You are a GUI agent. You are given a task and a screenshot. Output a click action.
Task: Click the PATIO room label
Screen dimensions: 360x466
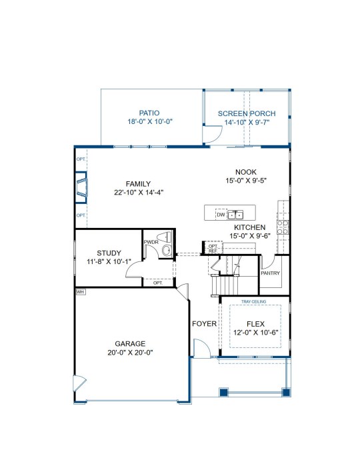(149, 113)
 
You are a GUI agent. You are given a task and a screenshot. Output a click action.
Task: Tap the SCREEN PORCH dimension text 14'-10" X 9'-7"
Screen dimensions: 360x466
(247, 122)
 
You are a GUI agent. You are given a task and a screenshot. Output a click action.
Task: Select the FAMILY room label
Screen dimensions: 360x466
(138, 184)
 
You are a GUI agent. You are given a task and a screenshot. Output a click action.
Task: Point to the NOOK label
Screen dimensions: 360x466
(246, 172)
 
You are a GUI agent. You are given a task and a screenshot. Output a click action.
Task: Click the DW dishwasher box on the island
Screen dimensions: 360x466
(221, 215)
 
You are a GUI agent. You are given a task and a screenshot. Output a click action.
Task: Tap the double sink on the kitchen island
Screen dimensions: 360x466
(235, 214)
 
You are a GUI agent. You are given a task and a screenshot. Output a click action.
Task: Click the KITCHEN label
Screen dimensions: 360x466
(250, 227)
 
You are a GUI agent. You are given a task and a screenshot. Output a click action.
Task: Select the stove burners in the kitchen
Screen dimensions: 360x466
(283, 227)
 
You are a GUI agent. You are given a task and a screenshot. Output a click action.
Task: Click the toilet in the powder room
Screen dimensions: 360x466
(165, 237)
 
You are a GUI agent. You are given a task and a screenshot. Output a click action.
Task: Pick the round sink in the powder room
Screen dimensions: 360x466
(167, 250)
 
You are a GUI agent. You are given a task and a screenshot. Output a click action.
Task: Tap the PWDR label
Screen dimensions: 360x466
(151, 242)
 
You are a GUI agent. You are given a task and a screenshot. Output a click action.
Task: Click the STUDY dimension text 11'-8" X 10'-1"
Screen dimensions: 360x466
(109, 262)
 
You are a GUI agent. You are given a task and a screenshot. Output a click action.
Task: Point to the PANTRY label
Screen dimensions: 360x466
(270, 273)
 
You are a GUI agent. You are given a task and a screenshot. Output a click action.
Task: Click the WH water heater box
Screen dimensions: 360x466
(80, 292)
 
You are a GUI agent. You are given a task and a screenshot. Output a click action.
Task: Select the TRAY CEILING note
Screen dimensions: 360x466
(253, 301)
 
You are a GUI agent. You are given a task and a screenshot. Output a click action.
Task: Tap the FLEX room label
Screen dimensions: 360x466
(255, 324)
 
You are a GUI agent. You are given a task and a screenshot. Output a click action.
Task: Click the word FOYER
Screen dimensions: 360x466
(204, 323)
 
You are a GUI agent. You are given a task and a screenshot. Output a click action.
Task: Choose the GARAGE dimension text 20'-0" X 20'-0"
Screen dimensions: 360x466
(130, 353)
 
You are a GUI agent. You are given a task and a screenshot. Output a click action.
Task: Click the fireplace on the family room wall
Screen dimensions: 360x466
(81, 187)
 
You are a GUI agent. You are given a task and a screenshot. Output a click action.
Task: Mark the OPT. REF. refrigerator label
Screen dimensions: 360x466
(213, 249)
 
